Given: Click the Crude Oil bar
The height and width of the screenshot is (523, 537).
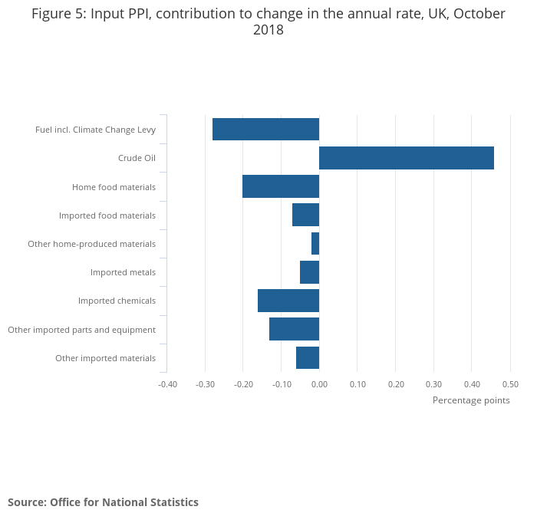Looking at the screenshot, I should [x=407, y=158].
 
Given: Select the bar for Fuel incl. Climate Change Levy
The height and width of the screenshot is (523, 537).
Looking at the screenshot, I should [x=265, y=130].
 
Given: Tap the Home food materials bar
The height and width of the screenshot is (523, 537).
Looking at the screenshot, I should [x=281, y=186].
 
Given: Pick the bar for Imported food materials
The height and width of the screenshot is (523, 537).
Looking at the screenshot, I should [x=305, y=215].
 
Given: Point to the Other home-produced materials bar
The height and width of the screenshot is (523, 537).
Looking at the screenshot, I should [x=315, y=243].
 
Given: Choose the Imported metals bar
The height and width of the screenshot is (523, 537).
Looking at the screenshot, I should [x=309, y=272].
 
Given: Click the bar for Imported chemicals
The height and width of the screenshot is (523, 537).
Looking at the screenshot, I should [x=288, y=301].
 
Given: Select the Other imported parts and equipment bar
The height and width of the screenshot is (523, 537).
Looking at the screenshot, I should [x=294, y=329].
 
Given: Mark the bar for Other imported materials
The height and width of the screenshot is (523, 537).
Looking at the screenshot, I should [x=308, y=357].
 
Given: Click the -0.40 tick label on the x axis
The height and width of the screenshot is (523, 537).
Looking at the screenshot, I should [x=167, y=384].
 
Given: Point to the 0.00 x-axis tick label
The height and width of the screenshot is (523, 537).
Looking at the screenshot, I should [x=319, y=384].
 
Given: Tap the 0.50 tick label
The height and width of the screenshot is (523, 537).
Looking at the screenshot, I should [x=510, y=384].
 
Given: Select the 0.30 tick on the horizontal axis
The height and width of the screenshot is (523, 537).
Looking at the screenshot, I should [x=433, y=384].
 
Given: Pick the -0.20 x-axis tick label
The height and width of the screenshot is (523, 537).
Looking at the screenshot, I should [x=243, y=384].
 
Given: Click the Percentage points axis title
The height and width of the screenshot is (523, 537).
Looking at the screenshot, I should [x=471, y=400].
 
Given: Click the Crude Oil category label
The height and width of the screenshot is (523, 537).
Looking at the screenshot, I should [x=137, y=159].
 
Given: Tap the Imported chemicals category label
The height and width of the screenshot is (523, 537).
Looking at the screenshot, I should [x=117, y=301].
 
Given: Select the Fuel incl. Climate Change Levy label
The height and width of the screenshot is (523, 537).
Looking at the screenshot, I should [x=95, y=130].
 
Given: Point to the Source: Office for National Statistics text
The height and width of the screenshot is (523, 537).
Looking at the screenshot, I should [x=103, y=502].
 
